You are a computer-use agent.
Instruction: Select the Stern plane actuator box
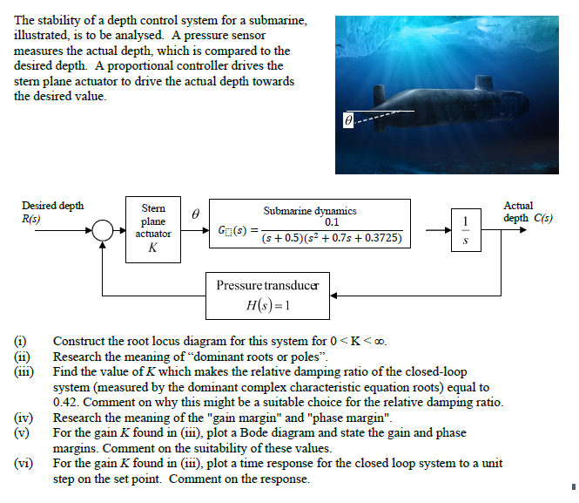(152, 229)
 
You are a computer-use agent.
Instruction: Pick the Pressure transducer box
(267, 296)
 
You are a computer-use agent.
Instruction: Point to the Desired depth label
(53, 206)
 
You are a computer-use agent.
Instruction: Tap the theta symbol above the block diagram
(196, 212)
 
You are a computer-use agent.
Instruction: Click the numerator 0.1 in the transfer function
(332, 222)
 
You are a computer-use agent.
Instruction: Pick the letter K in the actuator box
(152, 248)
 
